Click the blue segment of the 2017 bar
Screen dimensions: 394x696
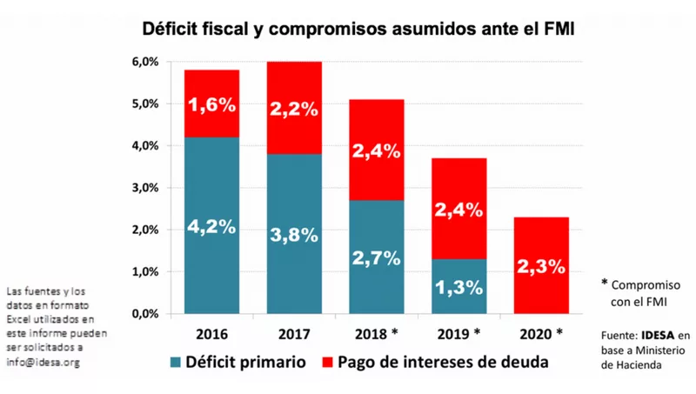point(293,235)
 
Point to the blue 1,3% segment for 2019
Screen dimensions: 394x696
point(459,286)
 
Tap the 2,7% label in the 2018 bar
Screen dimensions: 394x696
point(376,257)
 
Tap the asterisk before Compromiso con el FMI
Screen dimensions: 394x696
point(605,284)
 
